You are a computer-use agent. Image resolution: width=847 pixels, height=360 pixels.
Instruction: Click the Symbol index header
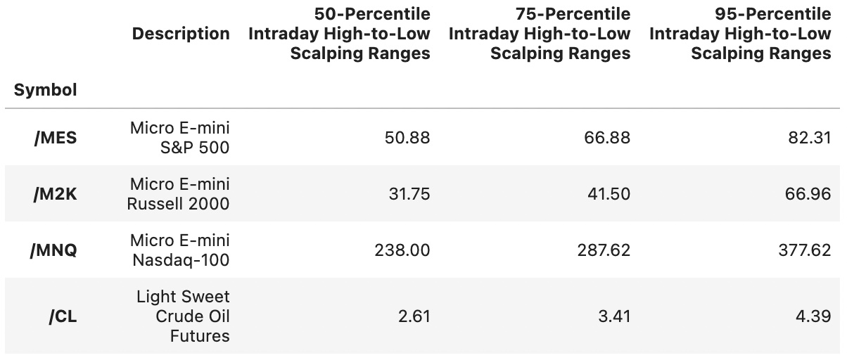[x=46, y=90]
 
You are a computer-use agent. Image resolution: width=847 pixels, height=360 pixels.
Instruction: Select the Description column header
[x=181, y=34]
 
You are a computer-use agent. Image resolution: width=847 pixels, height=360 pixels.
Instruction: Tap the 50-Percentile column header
[x=339, y=34]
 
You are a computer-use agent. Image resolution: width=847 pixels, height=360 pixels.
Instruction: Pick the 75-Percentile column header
[x=540, y=34]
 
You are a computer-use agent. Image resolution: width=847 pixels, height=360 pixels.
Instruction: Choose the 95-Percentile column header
[x=740, y=34]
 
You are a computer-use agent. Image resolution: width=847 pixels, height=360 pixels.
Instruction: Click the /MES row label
[x=56, y=138]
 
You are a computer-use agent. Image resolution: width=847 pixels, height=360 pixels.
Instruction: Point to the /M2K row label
[x=55, y=194]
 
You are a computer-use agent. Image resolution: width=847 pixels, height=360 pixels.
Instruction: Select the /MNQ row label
[x=53, y=250]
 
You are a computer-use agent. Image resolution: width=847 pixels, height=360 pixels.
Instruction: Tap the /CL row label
[x=63, y=316]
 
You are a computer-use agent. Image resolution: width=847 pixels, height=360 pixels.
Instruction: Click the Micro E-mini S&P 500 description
[x=180, y=138]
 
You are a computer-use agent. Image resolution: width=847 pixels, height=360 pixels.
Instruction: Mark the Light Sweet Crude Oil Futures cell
[x=183, y=316]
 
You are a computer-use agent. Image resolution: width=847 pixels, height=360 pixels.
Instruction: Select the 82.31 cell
[x=810, y=138]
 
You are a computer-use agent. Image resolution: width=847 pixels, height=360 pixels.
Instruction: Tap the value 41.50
[x=610, y=194]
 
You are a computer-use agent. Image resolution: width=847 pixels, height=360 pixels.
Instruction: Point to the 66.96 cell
[x=810, y=194]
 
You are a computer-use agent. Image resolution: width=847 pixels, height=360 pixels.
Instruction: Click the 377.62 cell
[x=805, y=250]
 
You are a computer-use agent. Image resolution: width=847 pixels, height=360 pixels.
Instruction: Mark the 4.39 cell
[x=815, y=316]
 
